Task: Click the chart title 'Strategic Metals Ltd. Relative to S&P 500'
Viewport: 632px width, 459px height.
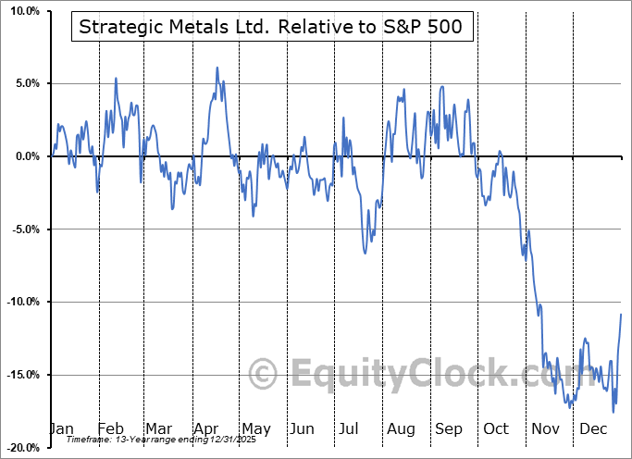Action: (273, 27)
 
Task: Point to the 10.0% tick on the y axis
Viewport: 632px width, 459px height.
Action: (21, 11)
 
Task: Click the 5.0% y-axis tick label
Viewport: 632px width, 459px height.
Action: (24, 83)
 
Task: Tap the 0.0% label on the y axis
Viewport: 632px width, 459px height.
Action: (24, 156)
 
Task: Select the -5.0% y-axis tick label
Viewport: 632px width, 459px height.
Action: (22, 229)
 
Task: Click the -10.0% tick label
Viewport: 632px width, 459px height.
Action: (20, 302)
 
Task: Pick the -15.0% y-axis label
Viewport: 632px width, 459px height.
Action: (20, 375)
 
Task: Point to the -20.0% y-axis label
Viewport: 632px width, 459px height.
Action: (20, 447)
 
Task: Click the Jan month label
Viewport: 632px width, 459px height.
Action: (61, 428)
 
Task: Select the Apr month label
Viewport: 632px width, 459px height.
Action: (205, 428)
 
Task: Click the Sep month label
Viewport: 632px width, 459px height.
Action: (448, 428)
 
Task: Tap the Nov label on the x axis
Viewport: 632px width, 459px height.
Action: (545, 428)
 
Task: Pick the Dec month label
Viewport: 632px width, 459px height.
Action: (592, 428)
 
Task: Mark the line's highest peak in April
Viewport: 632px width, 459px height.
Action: (217, 68)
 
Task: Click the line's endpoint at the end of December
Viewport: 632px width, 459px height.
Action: (621, 315)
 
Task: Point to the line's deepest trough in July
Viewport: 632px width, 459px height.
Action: (366, 253)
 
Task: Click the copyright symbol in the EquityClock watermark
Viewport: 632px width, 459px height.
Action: (265, 374)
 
